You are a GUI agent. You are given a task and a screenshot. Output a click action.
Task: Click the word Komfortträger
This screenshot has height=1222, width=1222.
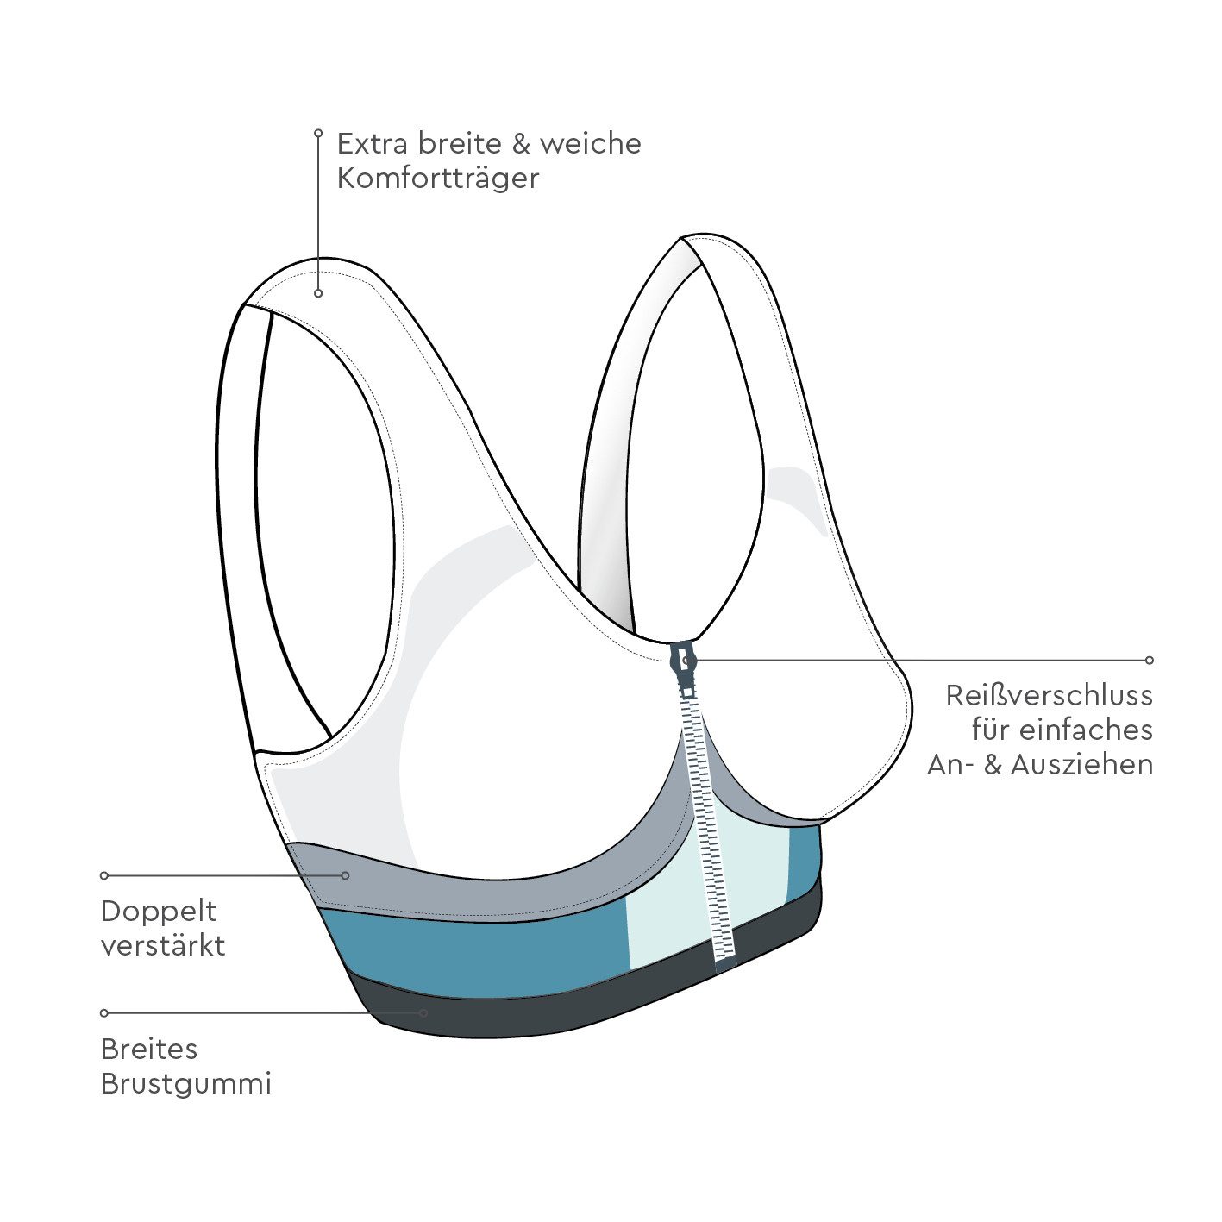437,179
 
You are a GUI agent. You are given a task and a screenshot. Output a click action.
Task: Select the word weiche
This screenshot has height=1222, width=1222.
591,144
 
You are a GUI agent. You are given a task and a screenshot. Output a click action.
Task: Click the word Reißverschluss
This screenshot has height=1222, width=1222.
1050,696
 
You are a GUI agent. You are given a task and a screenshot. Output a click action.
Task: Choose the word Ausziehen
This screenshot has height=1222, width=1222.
1081,765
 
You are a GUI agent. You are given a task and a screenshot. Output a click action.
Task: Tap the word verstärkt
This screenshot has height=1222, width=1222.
163,946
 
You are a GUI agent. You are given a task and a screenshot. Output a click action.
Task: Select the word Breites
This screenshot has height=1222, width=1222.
149,1050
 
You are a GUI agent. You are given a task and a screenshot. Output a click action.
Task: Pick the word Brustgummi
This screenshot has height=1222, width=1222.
185,1085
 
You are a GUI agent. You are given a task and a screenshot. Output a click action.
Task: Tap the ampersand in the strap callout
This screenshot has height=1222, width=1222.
521,144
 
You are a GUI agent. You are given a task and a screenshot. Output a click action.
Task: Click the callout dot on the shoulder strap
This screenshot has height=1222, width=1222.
318,293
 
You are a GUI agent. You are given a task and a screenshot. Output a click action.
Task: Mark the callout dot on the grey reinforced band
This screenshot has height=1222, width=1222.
346,876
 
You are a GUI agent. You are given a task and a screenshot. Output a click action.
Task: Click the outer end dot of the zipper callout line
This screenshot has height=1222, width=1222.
1149,660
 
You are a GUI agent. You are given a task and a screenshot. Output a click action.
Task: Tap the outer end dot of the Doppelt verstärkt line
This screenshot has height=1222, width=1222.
104,876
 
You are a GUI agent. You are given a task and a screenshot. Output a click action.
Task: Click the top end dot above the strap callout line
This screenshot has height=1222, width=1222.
318,133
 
